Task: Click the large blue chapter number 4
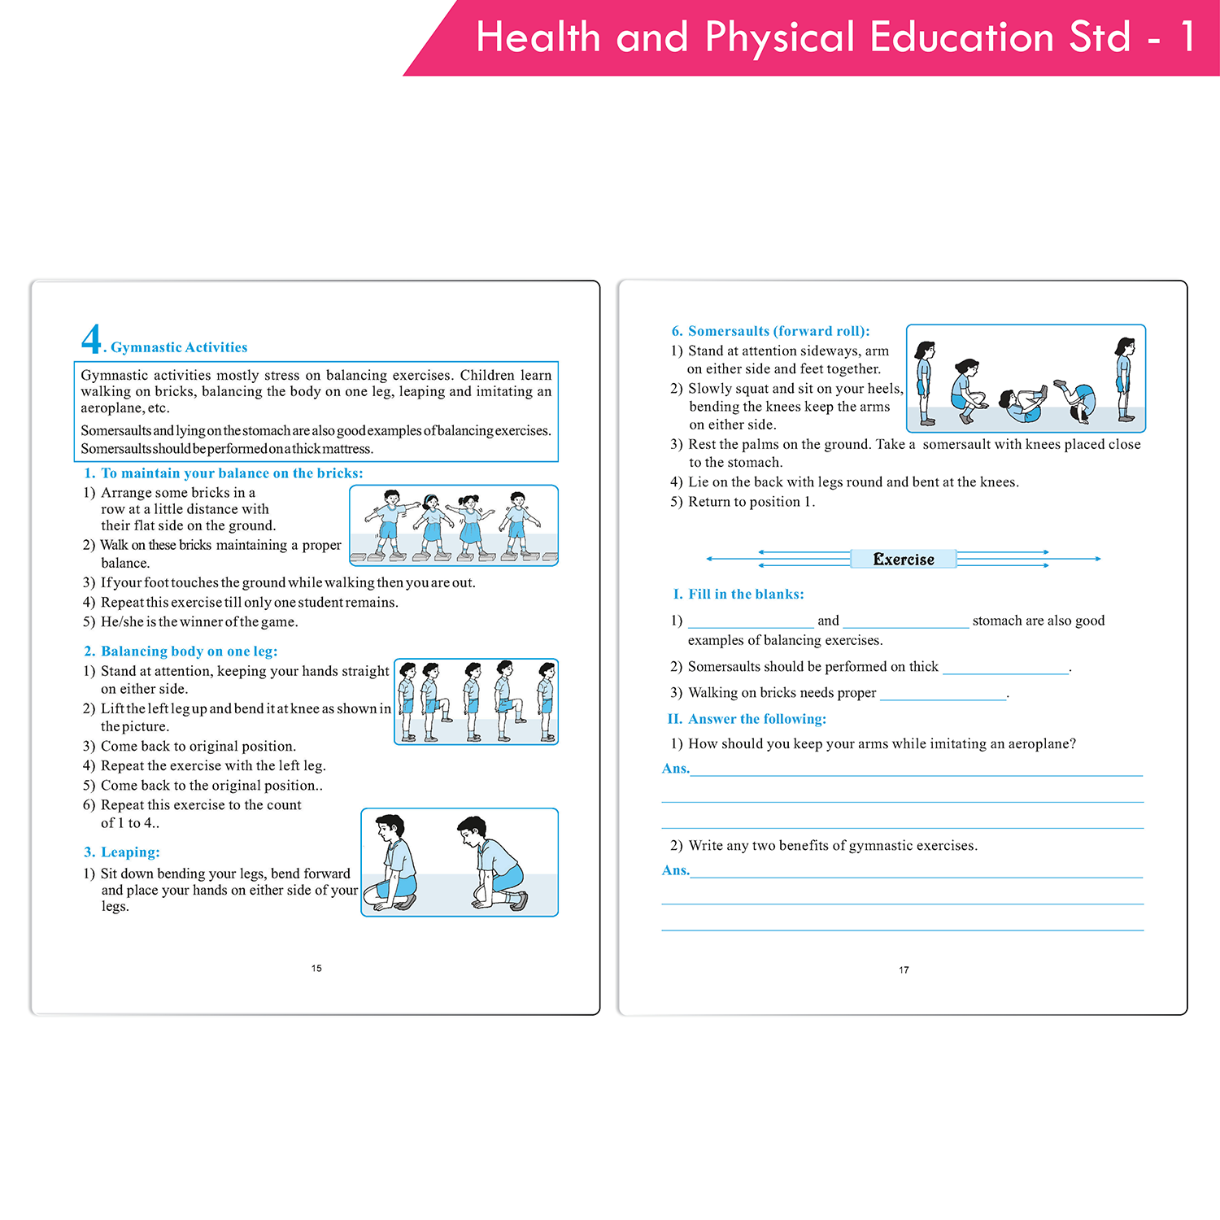91,338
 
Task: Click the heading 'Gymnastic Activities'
179,347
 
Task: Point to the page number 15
316,969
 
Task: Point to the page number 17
904,970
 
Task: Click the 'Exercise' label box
903,560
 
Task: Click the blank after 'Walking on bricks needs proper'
943,695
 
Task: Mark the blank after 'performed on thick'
1005,669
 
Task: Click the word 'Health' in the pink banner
538,37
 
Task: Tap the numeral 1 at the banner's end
1188,37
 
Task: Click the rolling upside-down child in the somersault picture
1078,401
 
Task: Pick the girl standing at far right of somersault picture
1125,379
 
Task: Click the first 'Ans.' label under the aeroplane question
676,769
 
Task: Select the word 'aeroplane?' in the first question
1042,744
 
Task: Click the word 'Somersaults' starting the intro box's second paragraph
115,431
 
